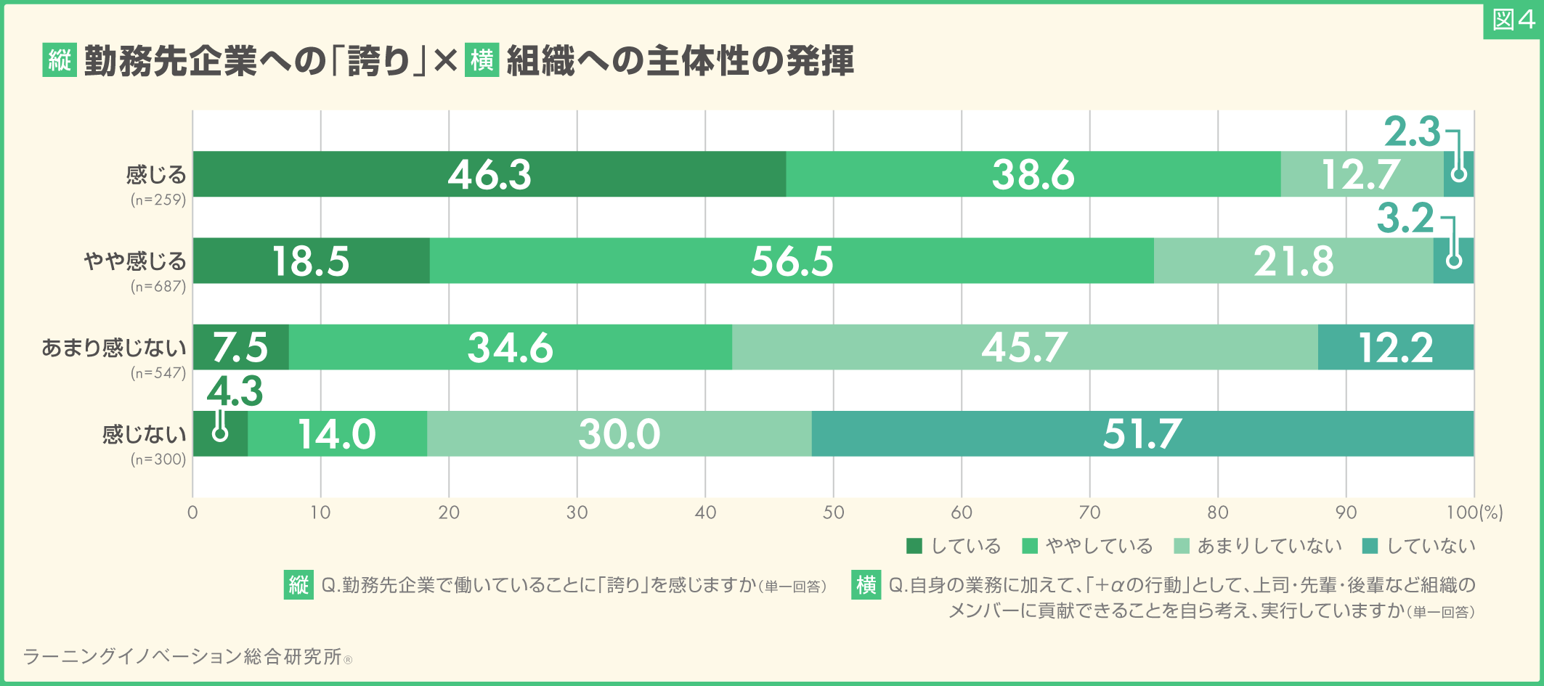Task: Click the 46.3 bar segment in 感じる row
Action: (x=489, y=174)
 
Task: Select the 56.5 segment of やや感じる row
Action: (x=792, y=261)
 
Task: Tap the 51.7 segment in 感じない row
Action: (x=1142, y=434)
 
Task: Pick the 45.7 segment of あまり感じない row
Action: (x=1024, y=347)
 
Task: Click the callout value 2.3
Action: (x=1411, y=132)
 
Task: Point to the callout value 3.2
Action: (x=1405, y=219)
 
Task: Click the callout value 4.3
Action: (x=235, y=392)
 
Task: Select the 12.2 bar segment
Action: (x=1395, y=347)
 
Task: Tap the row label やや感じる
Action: (x=135, y=261)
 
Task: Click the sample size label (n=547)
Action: (x=158, y=373)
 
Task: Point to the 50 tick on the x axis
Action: (x=833, y=513)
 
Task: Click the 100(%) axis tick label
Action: (x=1474, y=513)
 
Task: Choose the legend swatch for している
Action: (x=914, y=546)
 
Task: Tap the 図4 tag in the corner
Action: (x=1513, y=20)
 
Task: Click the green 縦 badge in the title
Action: (x=60, y=60)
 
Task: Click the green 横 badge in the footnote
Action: (x=866, y=584)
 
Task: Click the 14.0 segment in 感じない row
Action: (x=337, y=434)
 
